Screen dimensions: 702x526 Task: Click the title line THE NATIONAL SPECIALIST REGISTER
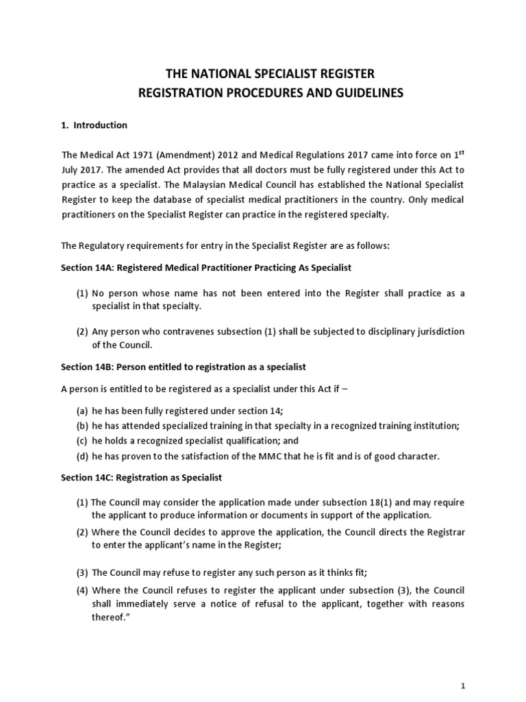pyautogui.click(x=262, y=73)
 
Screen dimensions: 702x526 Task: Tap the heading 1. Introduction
pyautogui.click(x=94, y=125)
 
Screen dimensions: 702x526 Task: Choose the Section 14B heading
pyautogui.click(x=184, y=368)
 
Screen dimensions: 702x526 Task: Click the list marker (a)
pyautogui.click(x=82, y=410)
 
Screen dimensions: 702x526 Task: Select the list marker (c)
pyautogui.click(x=82, y=441)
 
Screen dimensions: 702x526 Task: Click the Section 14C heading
pyautogui.click(x=147, y=477)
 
